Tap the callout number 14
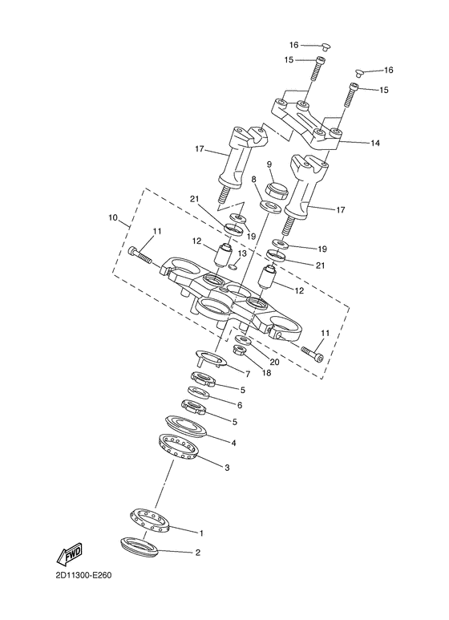coord(374,143)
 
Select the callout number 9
coord(269,164)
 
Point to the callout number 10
coord(112,218)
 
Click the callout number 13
coord(241,253)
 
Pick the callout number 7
coord(248,374)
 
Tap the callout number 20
coord(274,362)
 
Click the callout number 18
coord(266,372)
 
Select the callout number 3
coord(227,468)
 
